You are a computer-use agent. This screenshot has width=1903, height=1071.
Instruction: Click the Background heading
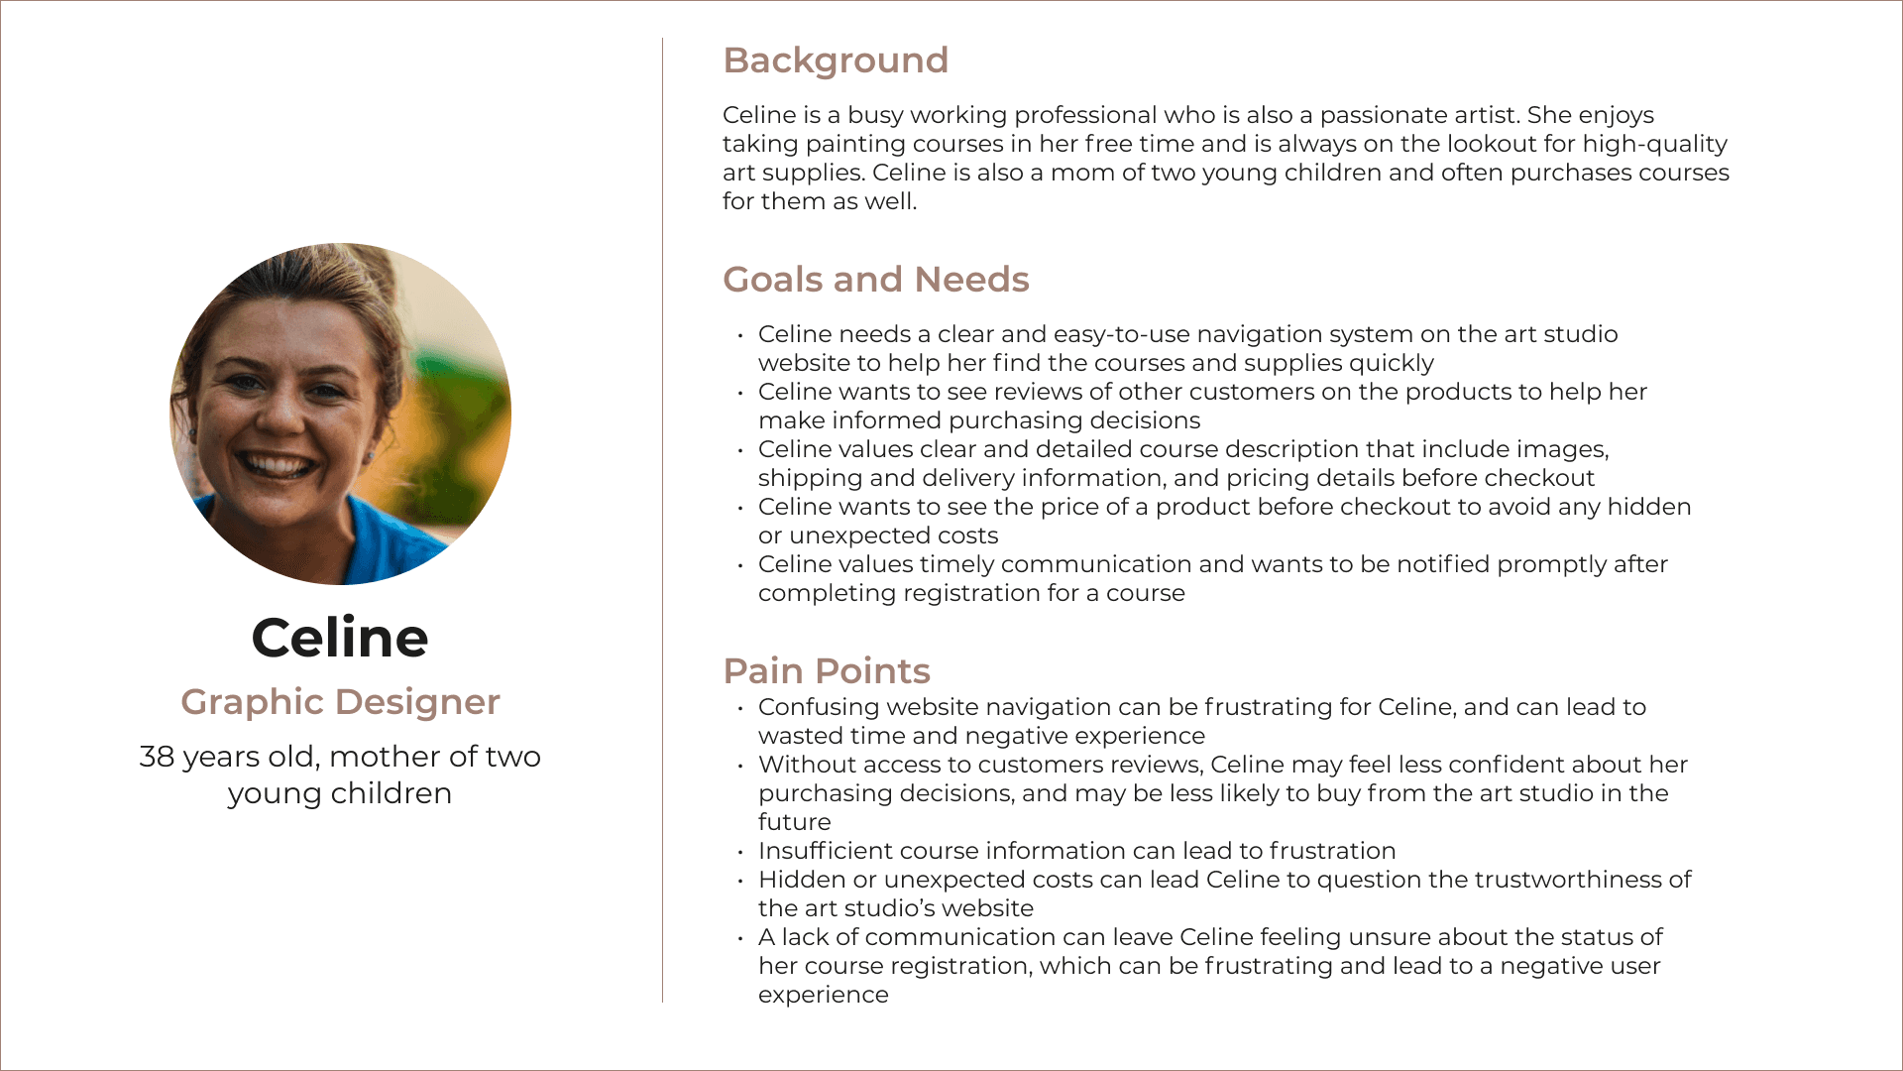coord(836,60)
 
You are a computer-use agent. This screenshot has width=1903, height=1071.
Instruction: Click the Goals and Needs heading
coord(876,280)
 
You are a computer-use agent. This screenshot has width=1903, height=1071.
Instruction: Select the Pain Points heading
coord(827,671)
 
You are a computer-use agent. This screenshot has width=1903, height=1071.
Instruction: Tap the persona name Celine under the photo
coord(340,637)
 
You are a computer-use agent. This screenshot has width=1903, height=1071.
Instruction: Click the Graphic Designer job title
coord(340,702)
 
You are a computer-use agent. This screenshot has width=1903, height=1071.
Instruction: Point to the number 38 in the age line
coord(157,757)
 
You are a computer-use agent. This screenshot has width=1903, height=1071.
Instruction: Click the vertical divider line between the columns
coord(663,520)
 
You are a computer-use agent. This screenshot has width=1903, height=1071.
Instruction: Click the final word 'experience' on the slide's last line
coord(824,996)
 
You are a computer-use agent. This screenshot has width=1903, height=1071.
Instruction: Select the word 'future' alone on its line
coord(795,822)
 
